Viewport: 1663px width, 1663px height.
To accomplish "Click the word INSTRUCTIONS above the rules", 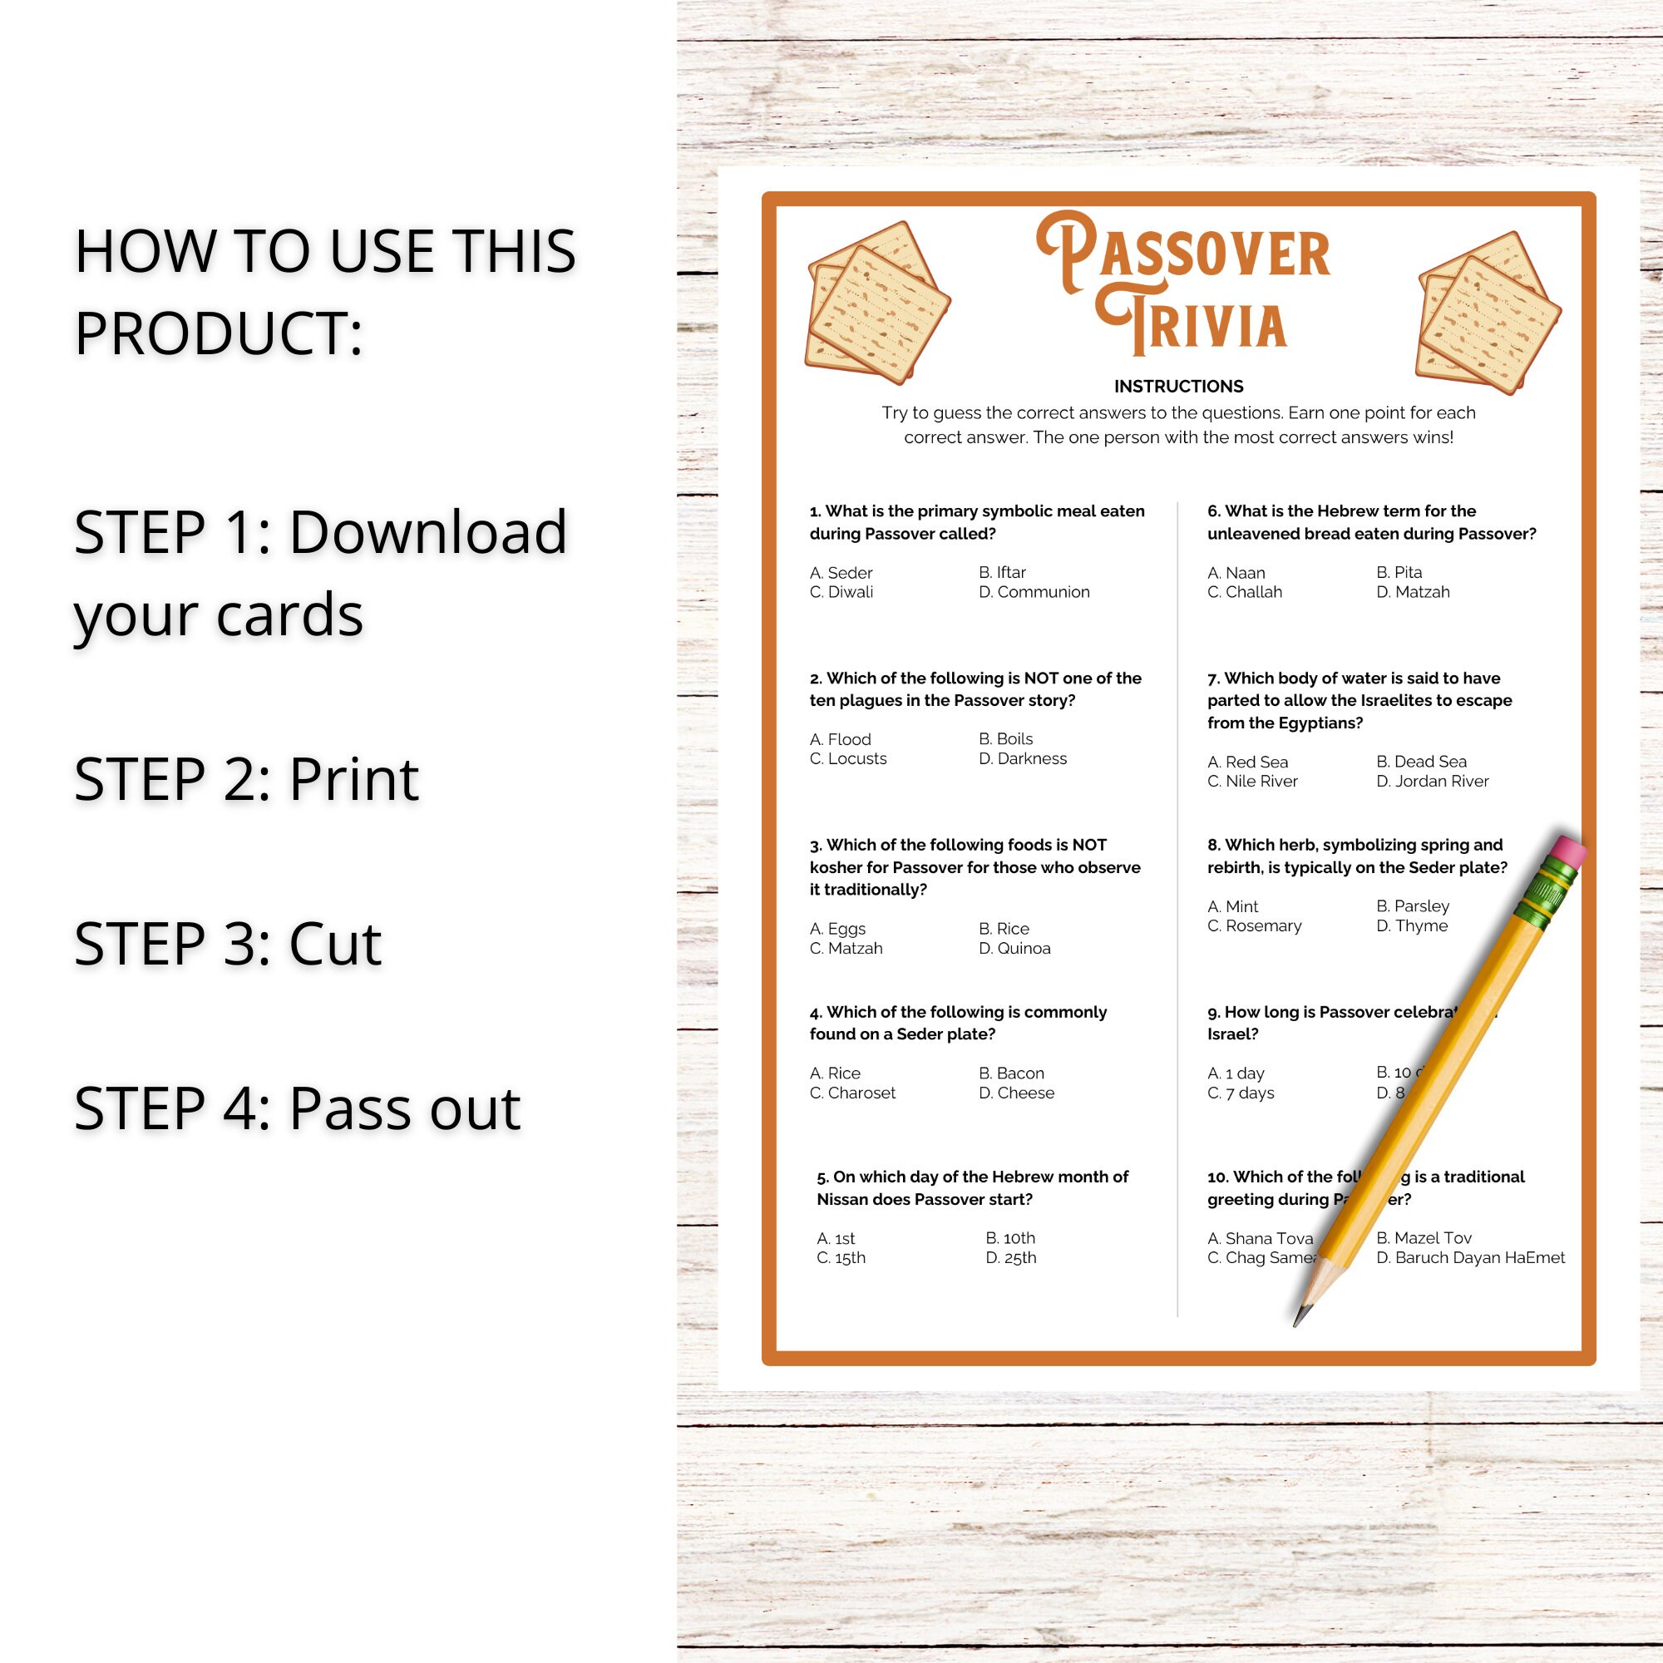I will (x=1178, y=387).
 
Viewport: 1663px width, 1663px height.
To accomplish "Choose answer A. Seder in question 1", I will (x=841, y=573).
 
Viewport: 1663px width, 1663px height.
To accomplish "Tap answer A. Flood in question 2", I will (x=840, y=740).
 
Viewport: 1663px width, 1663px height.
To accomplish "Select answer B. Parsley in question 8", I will (x=1413, y=906).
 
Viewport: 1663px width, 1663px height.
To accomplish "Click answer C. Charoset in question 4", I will (x=852, y=1093).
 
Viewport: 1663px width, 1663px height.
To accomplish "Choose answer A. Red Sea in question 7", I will (x=1247, y=762).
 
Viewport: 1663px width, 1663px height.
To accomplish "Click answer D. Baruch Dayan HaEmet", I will (x=1470, y=1258).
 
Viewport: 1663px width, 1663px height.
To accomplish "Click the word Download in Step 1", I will (x=427, y=533).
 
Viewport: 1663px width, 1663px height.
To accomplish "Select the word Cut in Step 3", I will (x=334, y=945).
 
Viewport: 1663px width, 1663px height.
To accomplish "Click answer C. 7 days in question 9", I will (x=1241, y=1093).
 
